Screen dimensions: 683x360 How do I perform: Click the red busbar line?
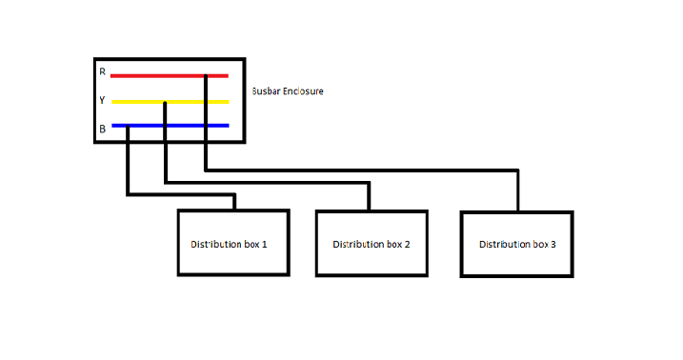(170, 76)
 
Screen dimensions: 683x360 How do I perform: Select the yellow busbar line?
(171, 102)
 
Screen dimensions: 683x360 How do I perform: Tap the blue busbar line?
(171, 126)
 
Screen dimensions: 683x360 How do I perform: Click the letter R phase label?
(102, 71)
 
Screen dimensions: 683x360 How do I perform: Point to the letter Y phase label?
(102, 100)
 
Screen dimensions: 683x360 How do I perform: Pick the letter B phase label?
(102, 129)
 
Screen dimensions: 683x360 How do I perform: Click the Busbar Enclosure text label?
(288, 91)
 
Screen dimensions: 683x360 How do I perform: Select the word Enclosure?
(303, 91)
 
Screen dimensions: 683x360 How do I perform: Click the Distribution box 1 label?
(229, 244)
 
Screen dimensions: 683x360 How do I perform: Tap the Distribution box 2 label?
(372, 244)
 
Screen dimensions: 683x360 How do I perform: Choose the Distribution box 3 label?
(517, 244)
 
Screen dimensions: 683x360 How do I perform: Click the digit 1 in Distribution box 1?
(264, 244)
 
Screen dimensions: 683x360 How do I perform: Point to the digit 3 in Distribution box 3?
(553, 244)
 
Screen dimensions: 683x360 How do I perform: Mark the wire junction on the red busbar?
(206, 76)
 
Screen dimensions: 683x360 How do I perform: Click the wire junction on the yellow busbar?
(165, 103)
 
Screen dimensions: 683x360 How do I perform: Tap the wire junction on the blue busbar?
(128, 127)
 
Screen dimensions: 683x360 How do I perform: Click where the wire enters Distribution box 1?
(234, 210)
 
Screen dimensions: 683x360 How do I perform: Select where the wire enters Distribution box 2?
(369, 210)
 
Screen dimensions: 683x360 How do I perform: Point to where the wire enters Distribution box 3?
(518, 211)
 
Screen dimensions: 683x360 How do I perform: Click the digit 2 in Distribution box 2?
(407, 244)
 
